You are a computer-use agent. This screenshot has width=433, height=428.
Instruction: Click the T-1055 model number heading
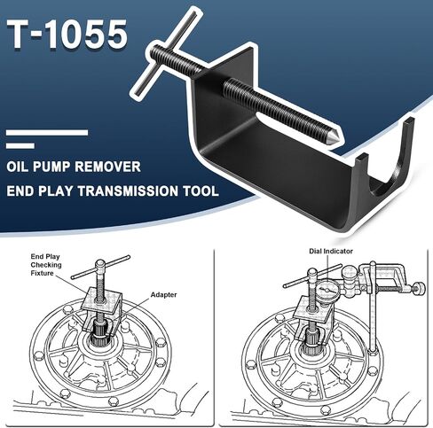pos(67,34)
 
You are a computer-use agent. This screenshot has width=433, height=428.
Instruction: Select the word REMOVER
pos(107,167)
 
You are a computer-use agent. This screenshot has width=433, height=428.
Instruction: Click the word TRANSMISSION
pos(128,191)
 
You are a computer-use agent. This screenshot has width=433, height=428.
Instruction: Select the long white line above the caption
pos(47,133)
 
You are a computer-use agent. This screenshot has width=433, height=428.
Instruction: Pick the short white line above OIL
pos(20,145)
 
